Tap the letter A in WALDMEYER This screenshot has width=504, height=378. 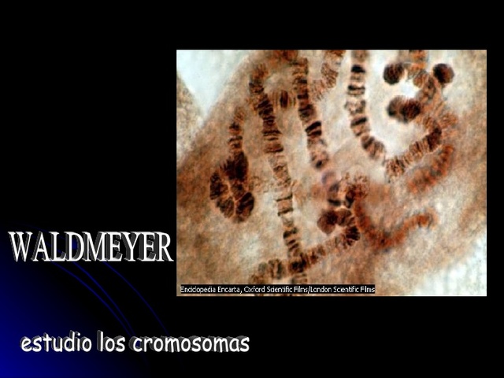[x=44, y=248]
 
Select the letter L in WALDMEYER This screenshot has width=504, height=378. [x=61, y=248]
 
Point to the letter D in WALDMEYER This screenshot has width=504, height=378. [x=76, y=248]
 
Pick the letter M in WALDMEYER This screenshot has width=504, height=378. [x=98, y=248]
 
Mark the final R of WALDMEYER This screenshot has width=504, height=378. [x=163, y=248]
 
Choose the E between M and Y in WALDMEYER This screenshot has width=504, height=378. [x=117, y=248]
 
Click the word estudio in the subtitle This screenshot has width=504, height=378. [x=55, y=343]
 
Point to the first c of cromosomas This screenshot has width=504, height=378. [x=139, y=345]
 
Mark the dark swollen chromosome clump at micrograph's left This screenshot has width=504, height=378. [x=231, y=189]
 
